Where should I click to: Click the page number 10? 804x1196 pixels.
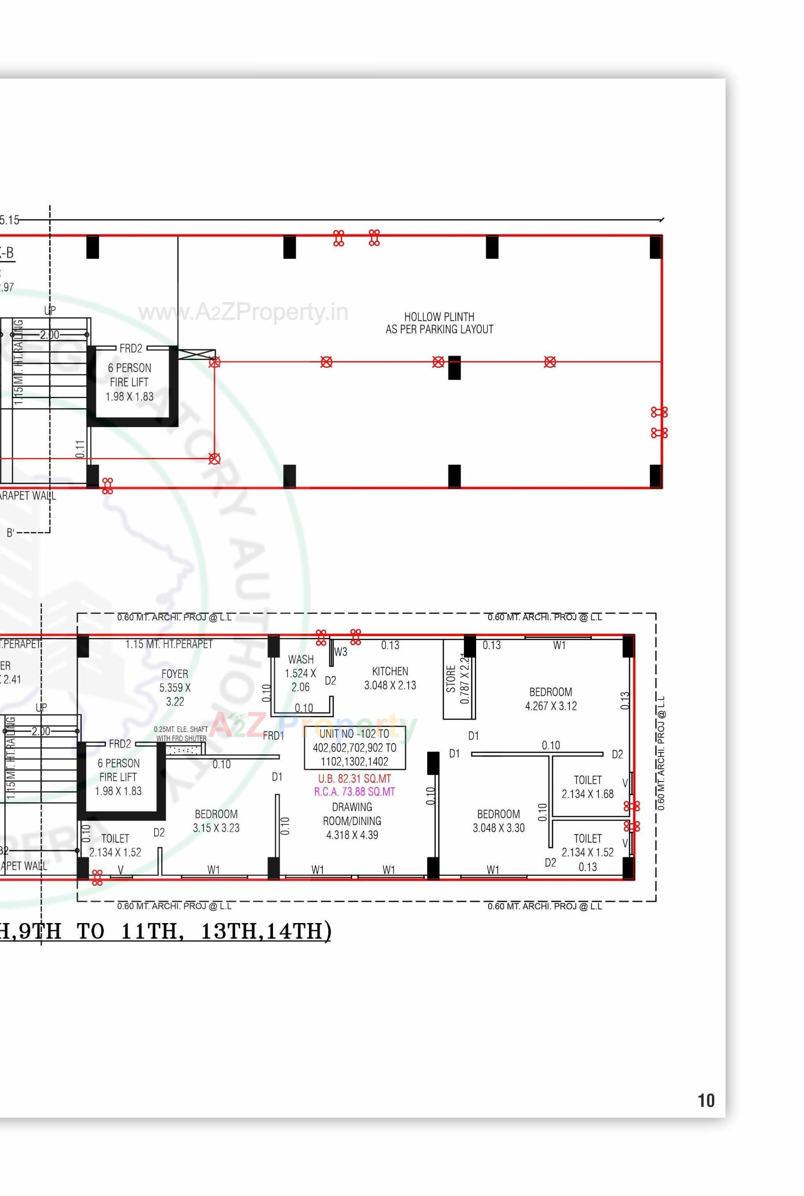[x=706, y=1100]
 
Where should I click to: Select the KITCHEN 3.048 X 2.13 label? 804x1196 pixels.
[x=390, y=678]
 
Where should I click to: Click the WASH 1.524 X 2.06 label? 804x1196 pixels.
[x=301, y=673]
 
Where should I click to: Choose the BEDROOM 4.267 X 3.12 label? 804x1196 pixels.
[x=551, y=699]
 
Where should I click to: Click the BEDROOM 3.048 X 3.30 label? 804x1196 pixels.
[x=498, y=821]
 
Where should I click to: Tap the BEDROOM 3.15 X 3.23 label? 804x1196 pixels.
[x=216, y=821]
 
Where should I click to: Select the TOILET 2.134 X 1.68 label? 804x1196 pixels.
[x=587, y=787]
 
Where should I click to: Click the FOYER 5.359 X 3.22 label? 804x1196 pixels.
[x=175, y=687]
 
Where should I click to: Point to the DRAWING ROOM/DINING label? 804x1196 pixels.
[x=352, y=821]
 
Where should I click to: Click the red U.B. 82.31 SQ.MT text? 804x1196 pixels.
[x=354, y=779]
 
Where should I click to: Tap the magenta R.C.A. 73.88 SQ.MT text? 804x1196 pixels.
[x=354, y=792]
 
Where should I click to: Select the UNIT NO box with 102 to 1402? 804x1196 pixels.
[x=354, y=747]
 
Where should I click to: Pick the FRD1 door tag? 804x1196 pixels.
[x=273, y=736]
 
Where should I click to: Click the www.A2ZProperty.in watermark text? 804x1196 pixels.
[x=243, y=312]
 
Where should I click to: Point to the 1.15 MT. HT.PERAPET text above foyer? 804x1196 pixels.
[x=169, y=644]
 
